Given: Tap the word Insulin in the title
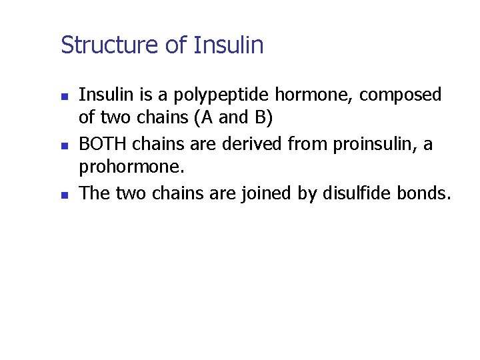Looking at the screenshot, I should [229, 45].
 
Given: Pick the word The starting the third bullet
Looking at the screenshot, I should [94, 193].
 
